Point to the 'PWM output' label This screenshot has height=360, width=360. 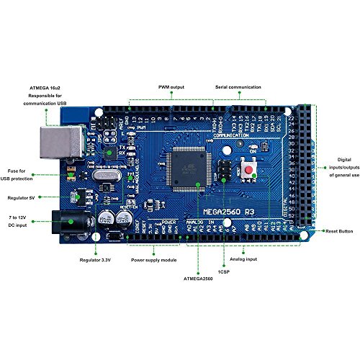pos(171,87)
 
